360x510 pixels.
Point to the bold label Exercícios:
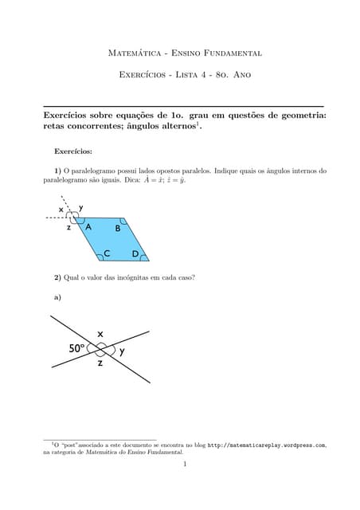tap(73, 150)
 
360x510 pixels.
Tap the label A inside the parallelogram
tap(88, 226)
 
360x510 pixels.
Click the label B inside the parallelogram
tap(117, 229)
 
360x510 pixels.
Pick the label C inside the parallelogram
tap(106, 254)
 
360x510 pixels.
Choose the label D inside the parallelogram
tap(135, 254)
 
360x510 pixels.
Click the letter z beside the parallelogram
tap(69, 227)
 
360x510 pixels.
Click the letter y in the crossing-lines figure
tap(122, 350)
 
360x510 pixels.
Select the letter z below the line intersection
tap(100, 364)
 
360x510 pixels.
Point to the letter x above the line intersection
tap(100, 333)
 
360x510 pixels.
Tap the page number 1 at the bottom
tap(184, 464)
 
